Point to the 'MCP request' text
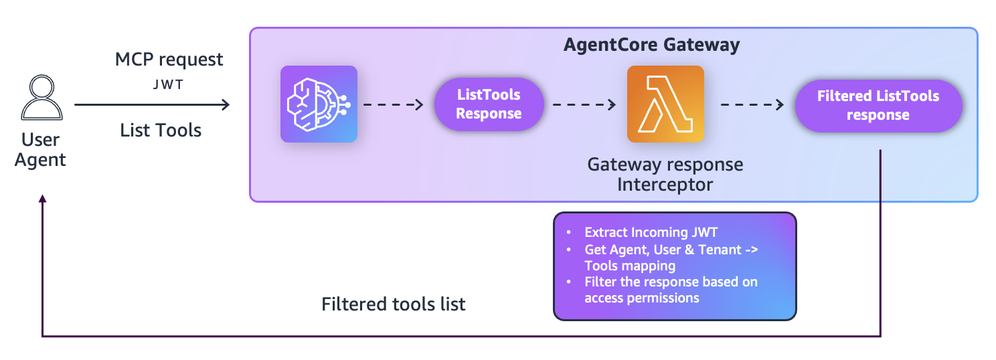169,60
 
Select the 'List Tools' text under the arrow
161,130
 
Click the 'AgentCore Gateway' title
651,45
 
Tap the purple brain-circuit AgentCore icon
319,104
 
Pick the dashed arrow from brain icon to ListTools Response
394,104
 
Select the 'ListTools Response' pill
489,104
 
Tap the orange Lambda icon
665,104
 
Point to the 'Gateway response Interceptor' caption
665,173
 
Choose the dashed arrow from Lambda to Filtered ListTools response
751,104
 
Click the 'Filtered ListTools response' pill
878,105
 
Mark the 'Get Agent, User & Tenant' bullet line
669,249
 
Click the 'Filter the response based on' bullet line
670,282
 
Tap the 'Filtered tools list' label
394,304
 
